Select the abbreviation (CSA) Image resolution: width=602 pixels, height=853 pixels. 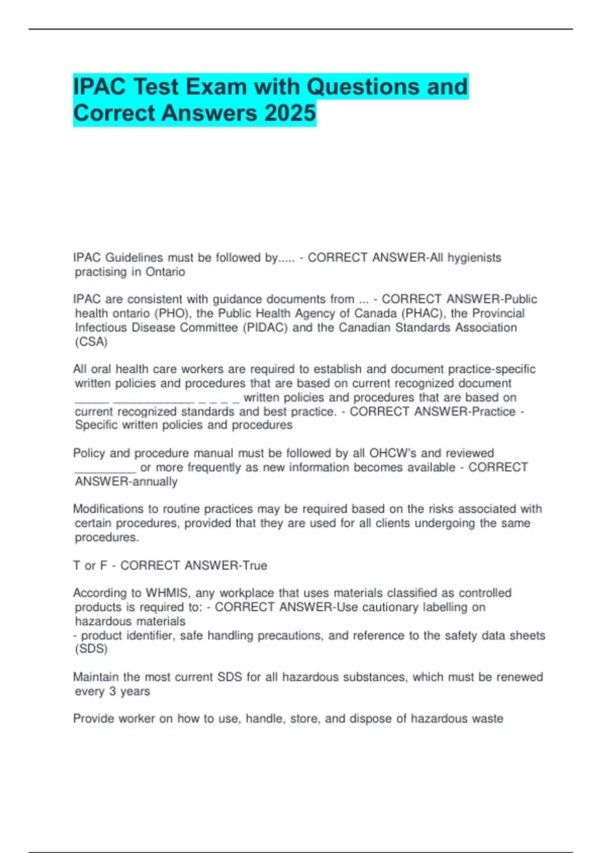pyautogui.click(x=91, y=342)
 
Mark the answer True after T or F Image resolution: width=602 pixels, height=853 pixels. pyautogui.click(x=254, y=565)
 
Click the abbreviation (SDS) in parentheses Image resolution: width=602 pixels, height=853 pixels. pyautogui.click(x=91, y=649)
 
